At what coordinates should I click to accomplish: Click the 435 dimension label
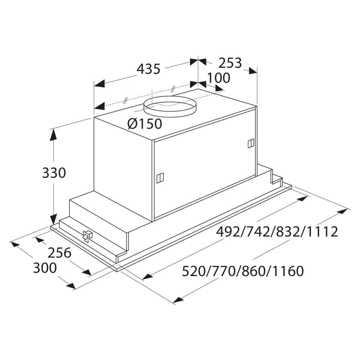click(x=148, y=68)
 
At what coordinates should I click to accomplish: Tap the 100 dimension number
click(x=218, y=78)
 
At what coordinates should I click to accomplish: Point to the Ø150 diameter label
click(x=145, y=124)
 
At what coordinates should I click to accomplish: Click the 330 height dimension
click(x=54, y=173)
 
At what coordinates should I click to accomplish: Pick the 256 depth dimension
click(x=59, y=253)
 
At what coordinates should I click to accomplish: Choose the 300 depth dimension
click(x=45, y=268)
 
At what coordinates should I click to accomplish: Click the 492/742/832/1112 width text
click(x=277, y=231)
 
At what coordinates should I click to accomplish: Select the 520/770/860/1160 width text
click(x=243, y=271)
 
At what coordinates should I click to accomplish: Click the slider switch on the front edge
click(x=87, y=236)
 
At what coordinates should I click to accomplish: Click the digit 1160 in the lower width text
click(x=288, y=271)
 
